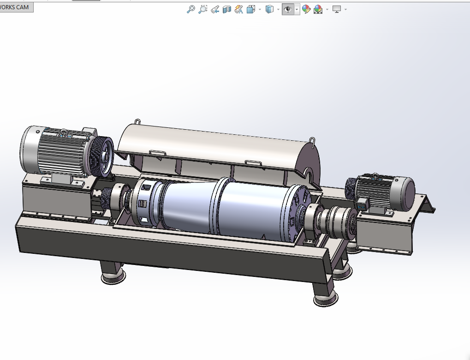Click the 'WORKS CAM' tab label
[16, 7]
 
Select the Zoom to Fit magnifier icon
[190, 9]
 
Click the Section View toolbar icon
[226, 9]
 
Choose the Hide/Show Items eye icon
[288, 9]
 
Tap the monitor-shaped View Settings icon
[336, 9]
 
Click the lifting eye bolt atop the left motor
[64, 132]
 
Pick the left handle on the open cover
[158, 152]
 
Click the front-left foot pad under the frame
[113, 276]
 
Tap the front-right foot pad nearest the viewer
[322, 300]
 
